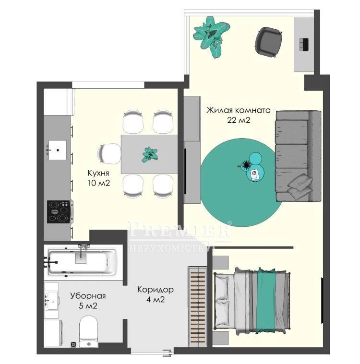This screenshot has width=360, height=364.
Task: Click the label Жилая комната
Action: (x=239, y=110)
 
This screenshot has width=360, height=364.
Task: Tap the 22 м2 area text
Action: (x=239, y=120)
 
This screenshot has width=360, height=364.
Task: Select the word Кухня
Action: (x=98, y=174)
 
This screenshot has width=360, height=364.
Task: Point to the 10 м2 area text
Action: (x=98, y=183)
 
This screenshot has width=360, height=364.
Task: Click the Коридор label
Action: (x=155, y=290)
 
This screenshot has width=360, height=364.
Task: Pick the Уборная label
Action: (x=88, y=296)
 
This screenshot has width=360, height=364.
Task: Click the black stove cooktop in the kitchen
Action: (x=59, y=211)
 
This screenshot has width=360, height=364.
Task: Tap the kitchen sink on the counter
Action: (x=57, y=150)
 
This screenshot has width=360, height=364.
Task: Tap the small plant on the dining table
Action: (x=150, y=154)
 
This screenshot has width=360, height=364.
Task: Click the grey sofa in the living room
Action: (x=298, y=156)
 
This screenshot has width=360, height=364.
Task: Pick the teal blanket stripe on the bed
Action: (x=266, y=301)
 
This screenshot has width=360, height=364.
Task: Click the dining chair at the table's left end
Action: (x=109, y=153)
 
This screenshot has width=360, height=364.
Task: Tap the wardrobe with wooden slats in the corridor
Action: (x=197, y=306)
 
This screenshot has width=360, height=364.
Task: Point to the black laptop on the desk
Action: (x=304, y=44)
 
